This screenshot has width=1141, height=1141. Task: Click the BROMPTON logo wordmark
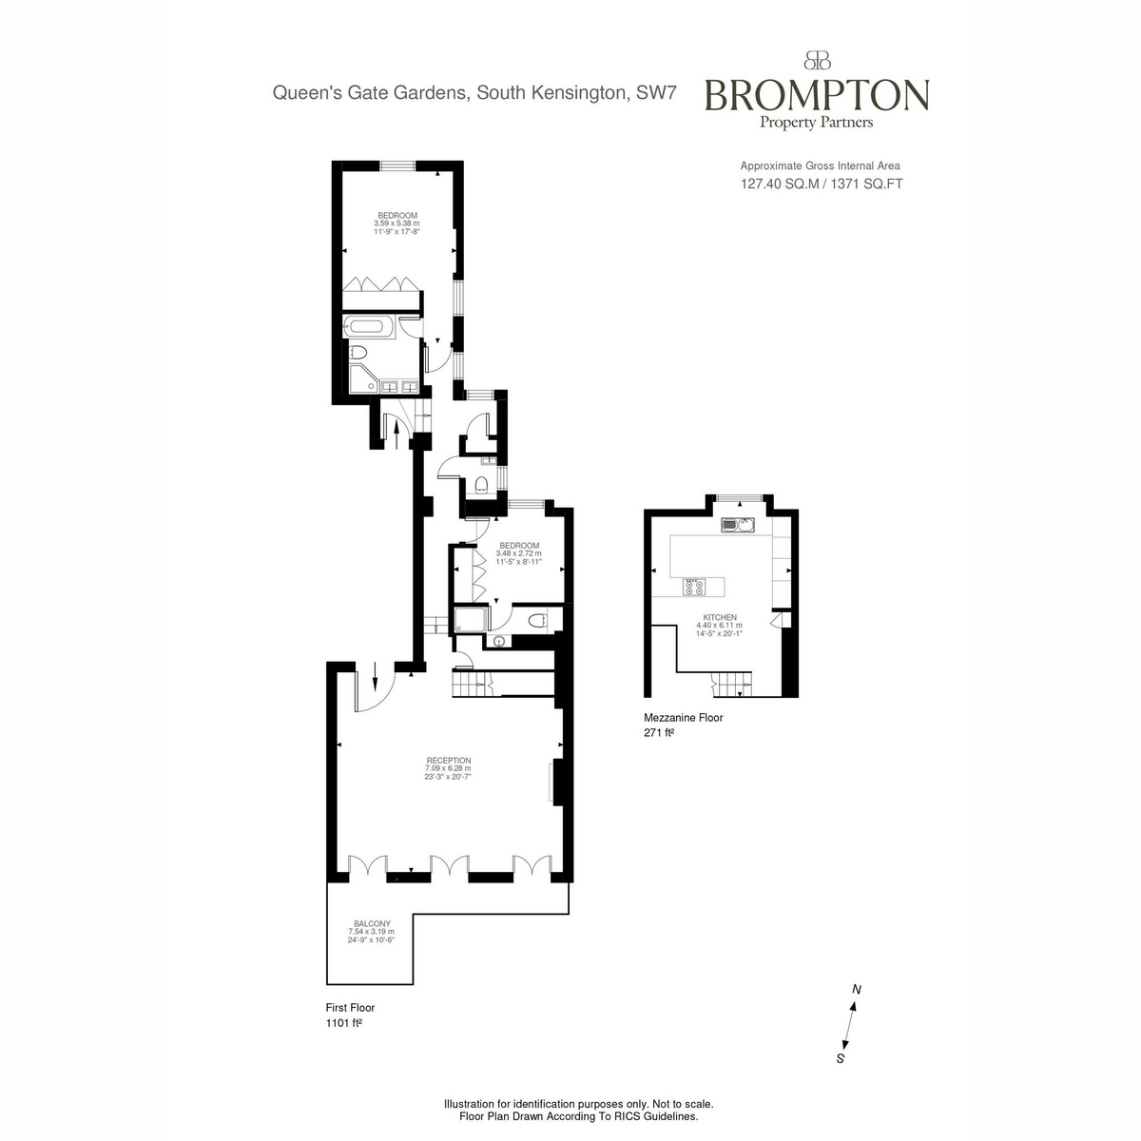(817, 95)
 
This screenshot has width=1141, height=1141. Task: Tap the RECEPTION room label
(448, 761)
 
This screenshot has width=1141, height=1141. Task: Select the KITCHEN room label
(720, 617)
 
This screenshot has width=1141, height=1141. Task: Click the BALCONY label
(372, 923)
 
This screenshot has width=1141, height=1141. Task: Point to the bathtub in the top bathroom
(370, 326)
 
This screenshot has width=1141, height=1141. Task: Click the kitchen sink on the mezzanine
(737, 524)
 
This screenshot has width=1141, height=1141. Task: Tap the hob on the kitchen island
(694, 587)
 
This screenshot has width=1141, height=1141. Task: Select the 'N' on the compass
(856, 990)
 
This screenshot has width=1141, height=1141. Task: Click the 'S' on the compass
(840, 1058)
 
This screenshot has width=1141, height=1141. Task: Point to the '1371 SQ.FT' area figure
(866, 184)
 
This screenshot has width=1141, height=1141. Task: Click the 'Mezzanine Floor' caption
(684, 717)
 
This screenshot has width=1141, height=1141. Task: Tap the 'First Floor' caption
(350, 1007)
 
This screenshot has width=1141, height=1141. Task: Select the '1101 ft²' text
(343, 1022)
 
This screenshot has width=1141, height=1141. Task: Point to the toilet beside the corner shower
(358, 353)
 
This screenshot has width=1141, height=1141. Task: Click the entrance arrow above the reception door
(375, 676)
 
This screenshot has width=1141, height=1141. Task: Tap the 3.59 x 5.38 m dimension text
(396, 223)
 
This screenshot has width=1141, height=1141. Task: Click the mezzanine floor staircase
(731, 684)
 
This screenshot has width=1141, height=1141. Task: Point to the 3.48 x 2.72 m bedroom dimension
(518, 553)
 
